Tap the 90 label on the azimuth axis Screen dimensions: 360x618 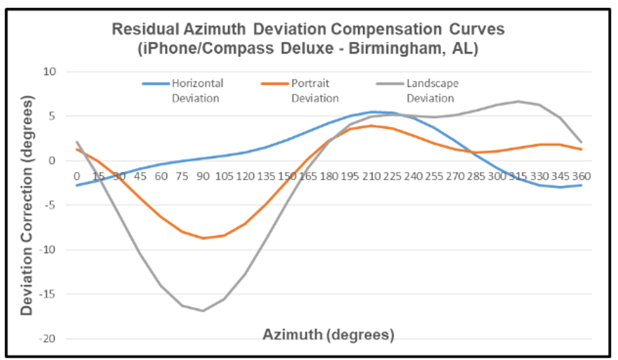click(x=203, y=176)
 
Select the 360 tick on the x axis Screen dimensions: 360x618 click(x=581, y=176)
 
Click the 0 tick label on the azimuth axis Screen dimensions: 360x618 click(x=77, y=176)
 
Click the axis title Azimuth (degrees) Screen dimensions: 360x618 click(x=329, y=333)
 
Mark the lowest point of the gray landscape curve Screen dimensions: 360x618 click(x=203, y=311)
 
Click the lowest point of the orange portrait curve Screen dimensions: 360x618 click(x=203, y=238)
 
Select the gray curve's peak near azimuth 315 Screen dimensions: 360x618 click(x=518, y=101)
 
